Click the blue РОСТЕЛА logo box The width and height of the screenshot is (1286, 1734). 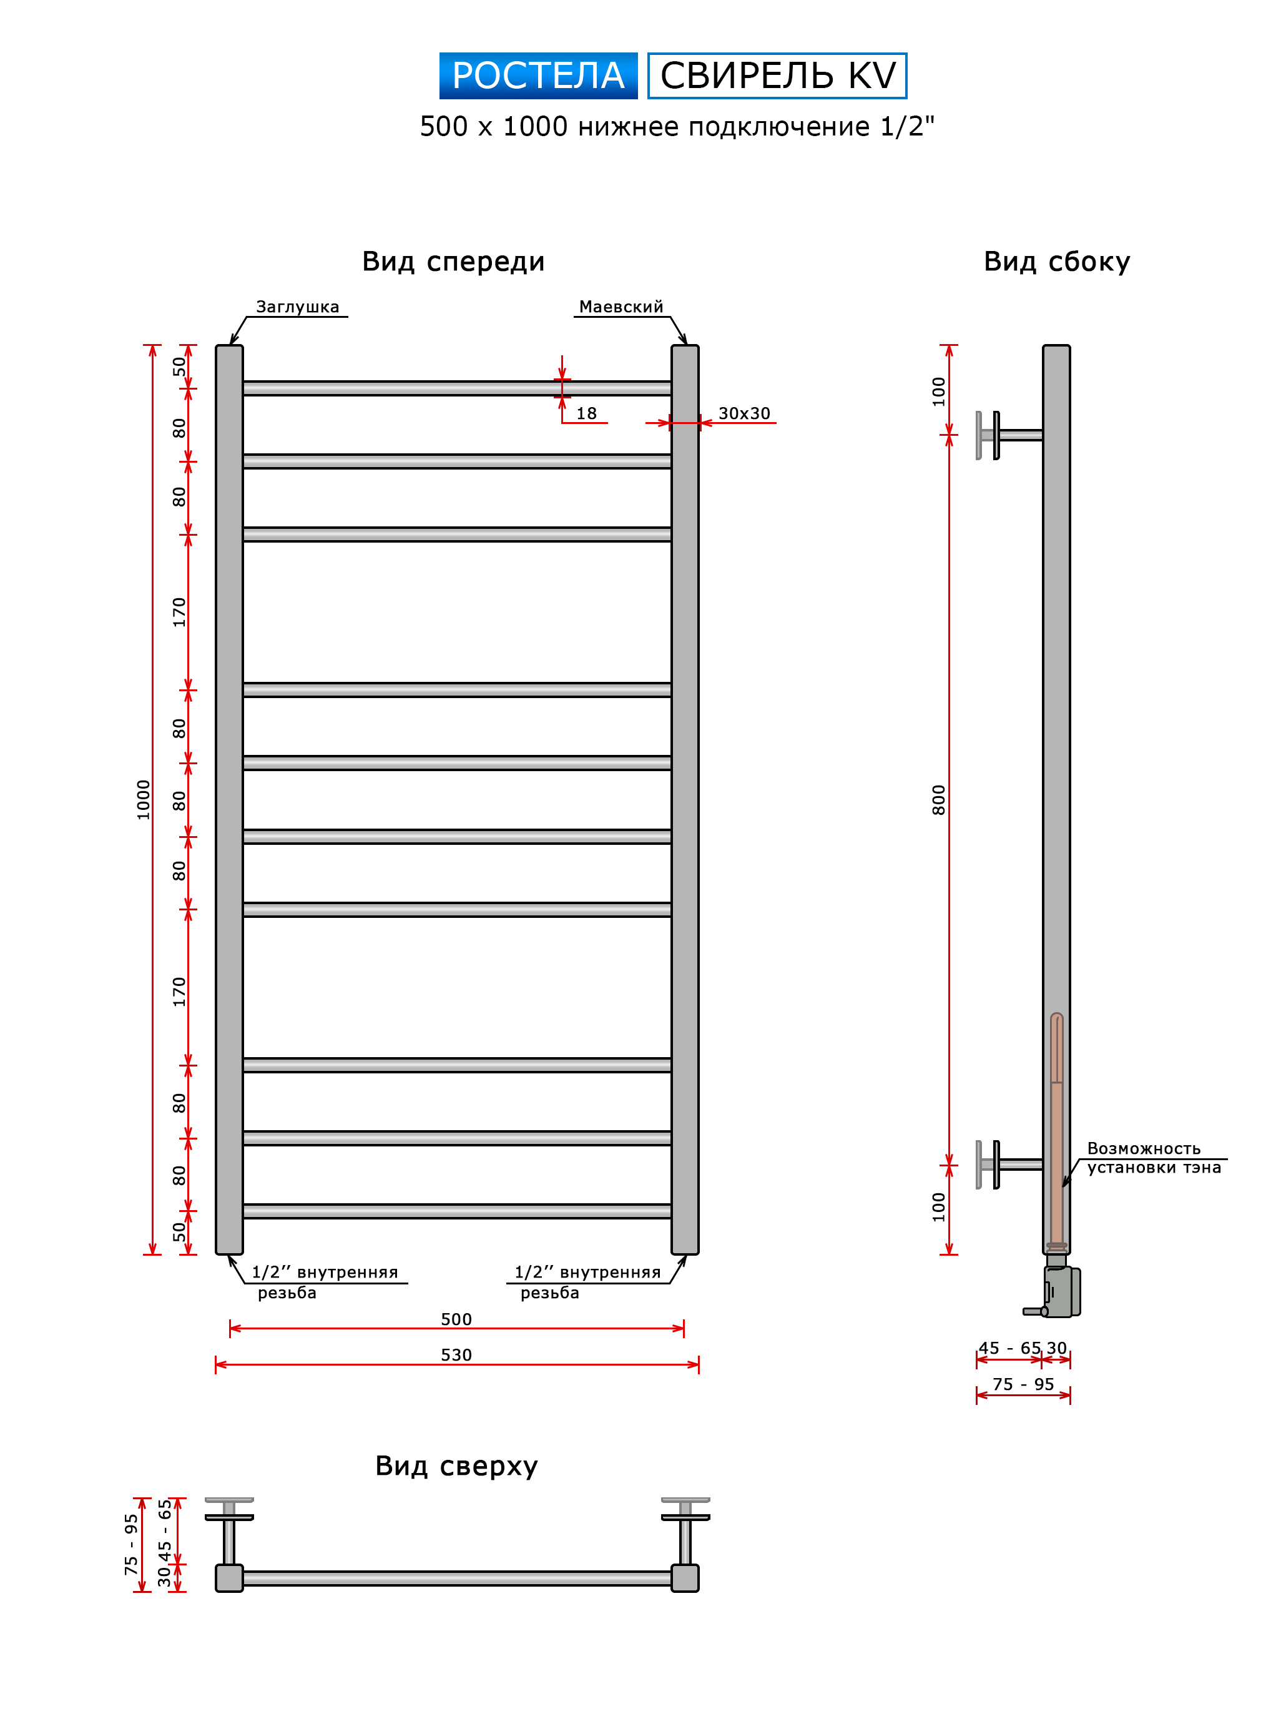pyautogui.click(x=538, y=76)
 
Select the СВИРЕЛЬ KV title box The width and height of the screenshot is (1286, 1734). pyautogui.click(x=777, y=76)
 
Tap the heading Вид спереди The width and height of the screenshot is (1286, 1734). pyautogui.click(x=453, y=262)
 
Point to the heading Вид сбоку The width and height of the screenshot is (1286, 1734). pyautogui.click(x=1056, y=262)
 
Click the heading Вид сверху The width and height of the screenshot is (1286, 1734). pyautogui.click(x=456, y=1466)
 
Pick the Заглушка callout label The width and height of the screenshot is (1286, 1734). pyautogui.click(x=297, y=307)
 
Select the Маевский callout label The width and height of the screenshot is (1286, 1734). pyautogui.click(x=621, y=307)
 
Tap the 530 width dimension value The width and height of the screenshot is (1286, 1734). pyautogui.click(x=456, y=1355)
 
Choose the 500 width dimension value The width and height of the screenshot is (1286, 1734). pyautogui.click(x=456, y=1319)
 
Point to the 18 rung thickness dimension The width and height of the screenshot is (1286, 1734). pyautogui.click(x=586, y=413)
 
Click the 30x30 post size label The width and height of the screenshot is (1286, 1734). pyautogui.click(x=744, y=413)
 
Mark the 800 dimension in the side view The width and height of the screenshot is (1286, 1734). pyautogui.click(x=939, y=800)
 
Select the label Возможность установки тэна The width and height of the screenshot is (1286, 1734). pyautogui.click(x=1153, y=1158)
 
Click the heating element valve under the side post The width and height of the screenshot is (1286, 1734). pyautogui.click(x=1060, y=1292)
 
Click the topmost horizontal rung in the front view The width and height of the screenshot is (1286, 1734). pyautogui.click(x=457, y=388)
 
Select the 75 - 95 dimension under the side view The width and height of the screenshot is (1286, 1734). pyautogui.click(x=1023, y=1384)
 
